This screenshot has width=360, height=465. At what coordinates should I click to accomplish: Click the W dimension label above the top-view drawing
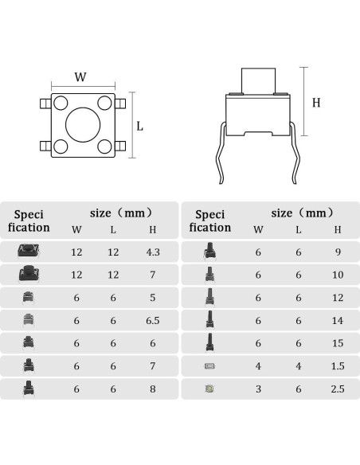coord(80,76)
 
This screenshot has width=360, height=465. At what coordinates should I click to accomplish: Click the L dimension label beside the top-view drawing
coord(139,127)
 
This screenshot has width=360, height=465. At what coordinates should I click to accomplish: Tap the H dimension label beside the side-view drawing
coord(316,103)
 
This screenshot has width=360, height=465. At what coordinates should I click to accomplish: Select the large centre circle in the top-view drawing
coord(83,125)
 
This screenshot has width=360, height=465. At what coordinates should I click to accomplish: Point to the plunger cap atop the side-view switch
coord(258,81)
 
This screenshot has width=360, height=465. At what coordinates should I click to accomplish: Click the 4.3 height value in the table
coord(153,252)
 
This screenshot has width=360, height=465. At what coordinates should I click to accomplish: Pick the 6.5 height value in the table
coord(153,321)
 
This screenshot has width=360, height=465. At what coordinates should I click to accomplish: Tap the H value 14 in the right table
coord(338,321)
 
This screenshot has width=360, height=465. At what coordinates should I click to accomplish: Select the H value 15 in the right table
coord(338,343)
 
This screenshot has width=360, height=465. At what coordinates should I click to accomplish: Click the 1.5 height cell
coord(338,366)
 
